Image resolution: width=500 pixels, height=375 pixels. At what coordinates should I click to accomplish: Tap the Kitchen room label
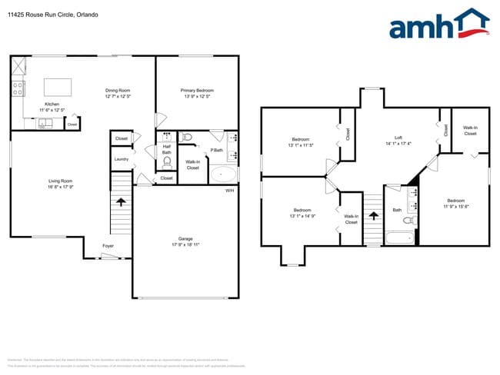coord(52,104)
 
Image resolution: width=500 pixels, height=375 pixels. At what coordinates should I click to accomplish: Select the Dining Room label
coord(118,91)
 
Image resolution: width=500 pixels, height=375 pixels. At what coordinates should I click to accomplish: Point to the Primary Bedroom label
coord(197,91)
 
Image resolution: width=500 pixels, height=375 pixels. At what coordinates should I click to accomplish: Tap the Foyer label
coord(108,246)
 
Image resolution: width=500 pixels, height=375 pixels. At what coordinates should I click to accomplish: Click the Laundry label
coord(122,159)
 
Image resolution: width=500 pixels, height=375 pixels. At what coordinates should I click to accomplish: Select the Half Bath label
coord(166,149)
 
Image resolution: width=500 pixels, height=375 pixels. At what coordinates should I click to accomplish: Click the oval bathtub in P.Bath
coord(224,174)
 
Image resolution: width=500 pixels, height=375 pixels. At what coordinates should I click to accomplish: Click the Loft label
coord(398,137)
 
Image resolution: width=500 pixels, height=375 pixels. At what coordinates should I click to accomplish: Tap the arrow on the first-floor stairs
coord(121,202)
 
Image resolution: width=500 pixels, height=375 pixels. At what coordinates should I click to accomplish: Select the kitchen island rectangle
coord(57,85)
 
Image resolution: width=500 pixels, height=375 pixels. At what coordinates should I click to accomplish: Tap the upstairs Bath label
coord(397,209)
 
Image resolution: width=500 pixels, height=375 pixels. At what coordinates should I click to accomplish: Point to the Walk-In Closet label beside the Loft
coord(470,131)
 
